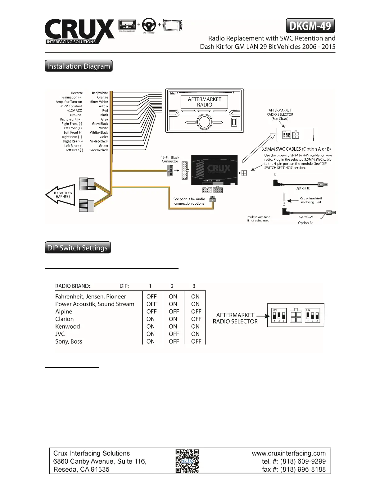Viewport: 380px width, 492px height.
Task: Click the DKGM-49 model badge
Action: (x=310, y=26)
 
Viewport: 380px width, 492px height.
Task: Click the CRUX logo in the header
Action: (x=79, y=31)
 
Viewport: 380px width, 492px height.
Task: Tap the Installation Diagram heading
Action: (x=79, y=66)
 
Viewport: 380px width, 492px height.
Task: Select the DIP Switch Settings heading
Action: (x=78, y=248)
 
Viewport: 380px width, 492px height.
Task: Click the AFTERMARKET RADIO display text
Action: (x=205, y=102)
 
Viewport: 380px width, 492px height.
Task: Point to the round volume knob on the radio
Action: (x=204, y=122)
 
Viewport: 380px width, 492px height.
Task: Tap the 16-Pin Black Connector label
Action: (x=170, y=159)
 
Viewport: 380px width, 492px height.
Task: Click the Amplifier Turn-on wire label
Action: (x=69, y=102)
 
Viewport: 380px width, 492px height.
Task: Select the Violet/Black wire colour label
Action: (x=99, y=141)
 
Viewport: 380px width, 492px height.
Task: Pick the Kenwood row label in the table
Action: (x=68, y=326)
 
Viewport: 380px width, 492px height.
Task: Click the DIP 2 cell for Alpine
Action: (x=174, y=312)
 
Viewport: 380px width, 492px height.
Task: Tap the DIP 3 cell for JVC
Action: (x=195, y=334)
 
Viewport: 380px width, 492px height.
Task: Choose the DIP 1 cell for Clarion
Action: (x=151, y=319)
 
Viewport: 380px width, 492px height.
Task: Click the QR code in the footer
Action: (x=187, y=461)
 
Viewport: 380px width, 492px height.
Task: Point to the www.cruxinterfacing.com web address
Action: (x=289, y=453)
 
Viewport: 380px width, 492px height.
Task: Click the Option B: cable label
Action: (x=302, y=188)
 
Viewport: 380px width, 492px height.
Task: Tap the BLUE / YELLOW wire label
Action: (x=306, y=217)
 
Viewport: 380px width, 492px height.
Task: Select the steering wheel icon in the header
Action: (x=149, y=25)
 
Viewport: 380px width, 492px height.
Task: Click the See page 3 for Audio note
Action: (x=189, y=201)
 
